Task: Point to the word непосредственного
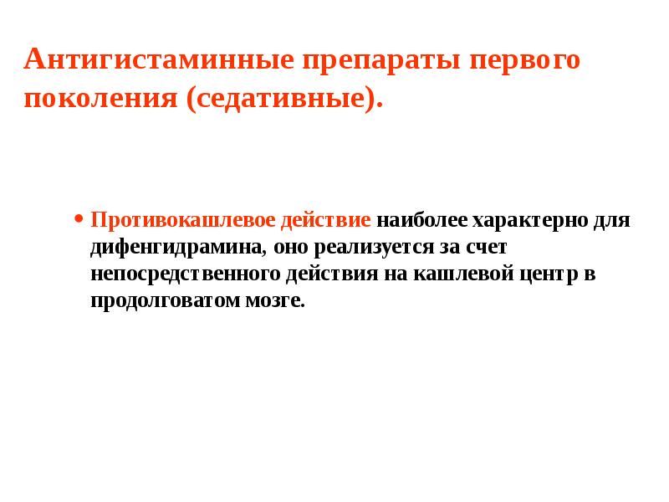point(184,274)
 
